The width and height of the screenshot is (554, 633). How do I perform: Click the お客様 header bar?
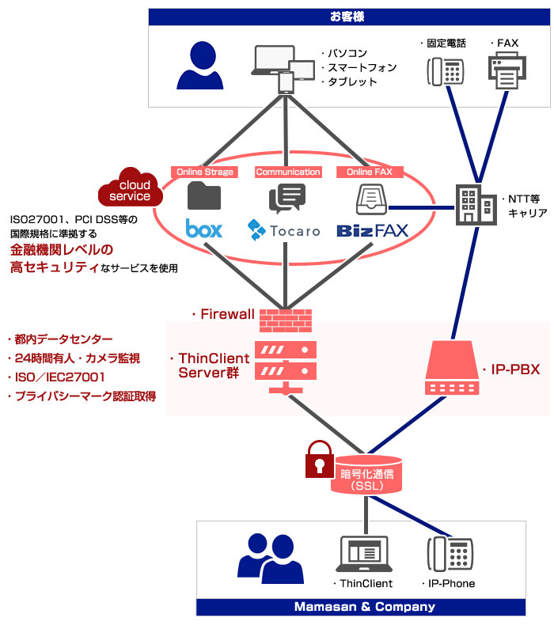[348, 16]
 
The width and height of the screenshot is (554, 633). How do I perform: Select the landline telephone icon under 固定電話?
[445, 71]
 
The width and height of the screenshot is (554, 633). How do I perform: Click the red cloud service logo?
[130, 188]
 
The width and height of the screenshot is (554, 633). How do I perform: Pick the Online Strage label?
[205, 172]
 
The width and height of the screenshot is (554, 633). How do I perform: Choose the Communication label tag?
[288, 172]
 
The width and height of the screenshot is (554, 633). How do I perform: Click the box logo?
[204, 229]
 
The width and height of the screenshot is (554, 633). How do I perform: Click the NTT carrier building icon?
[473, 203]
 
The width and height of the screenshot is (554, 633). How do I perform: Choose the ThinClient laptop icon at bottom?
[365, 554]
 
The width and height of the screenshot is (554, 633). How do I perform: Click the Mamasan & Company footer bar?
[364, 607]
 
